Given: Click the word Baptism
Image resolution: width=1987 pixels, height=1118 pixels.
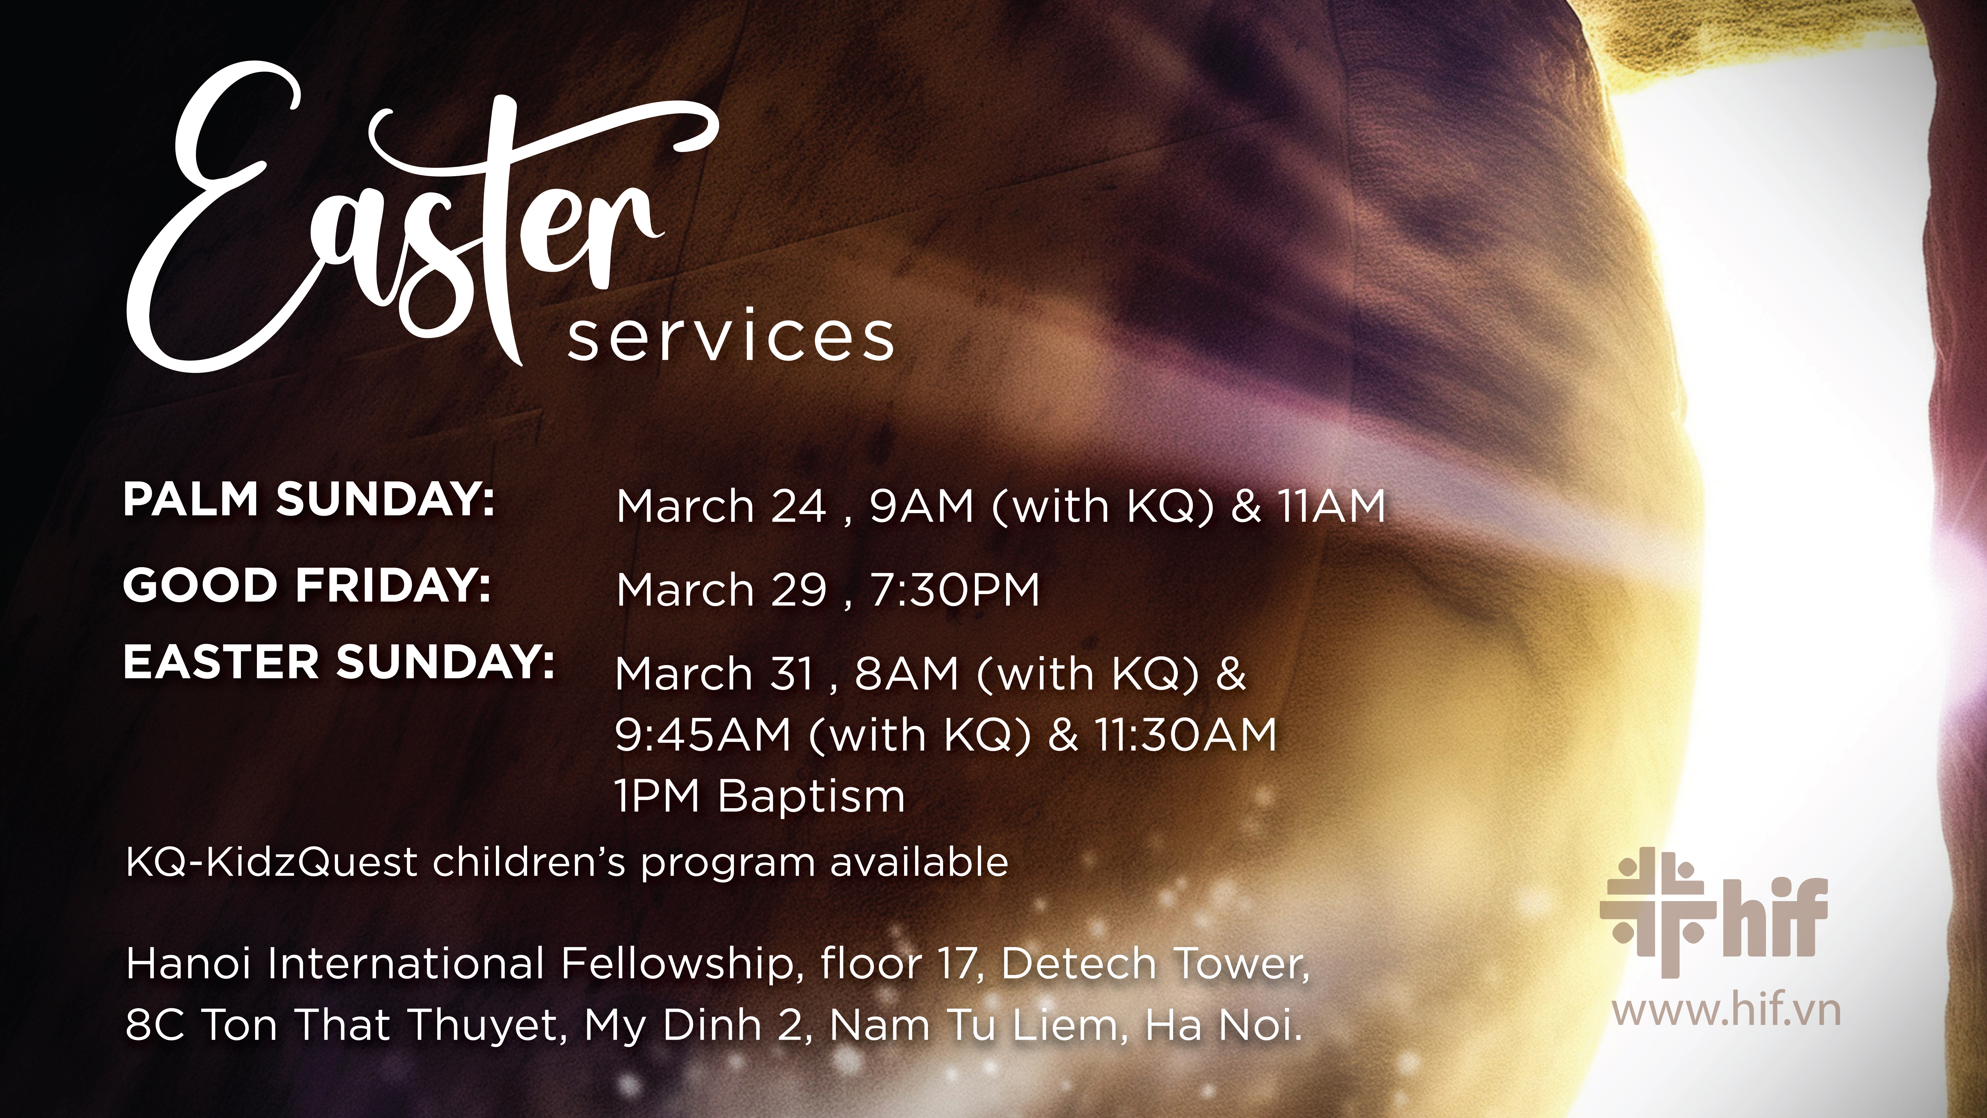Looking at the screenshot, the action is (811, 796).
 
